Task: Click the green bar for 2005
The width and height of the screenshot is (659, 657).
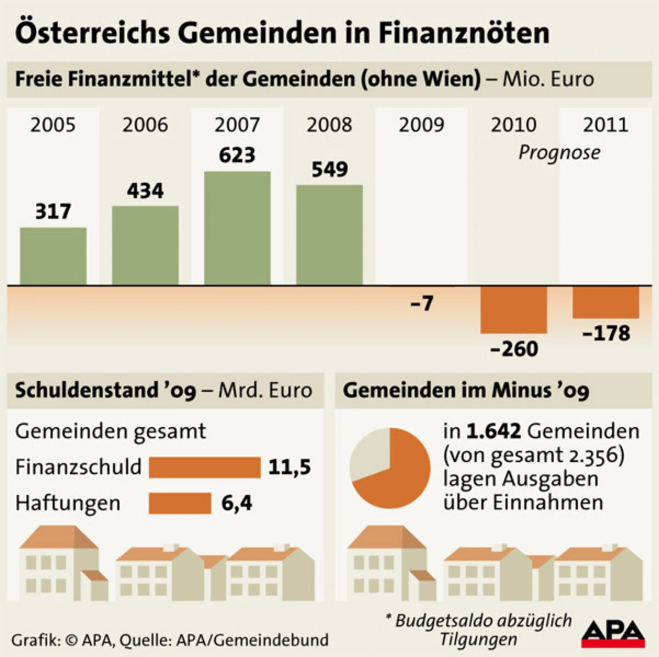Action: (53, 256)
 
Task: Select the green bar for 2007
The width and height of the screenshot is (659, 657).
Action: (237, 228)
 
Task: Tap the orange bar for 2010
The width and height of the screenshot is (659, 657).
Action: (513, 310)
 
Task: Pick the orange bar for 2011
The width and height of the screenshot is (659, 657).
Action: (606, 302)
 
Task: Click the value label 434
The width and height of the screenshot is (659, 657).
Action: (146, 191)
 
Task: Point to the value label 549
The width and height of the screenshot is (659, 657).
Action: (329, 169)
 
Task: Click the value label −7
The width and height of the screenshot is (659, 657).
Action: (422, 303)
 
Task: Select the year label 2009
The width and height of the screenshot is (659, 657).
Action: (421, 125)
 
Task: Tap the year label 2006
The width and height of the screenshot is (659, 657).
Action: (145, 125)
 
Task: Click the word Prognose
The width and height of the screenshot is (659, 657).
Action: (559, 152)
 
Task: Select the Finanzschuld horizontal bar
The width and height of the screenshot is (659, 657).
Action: (204, 467)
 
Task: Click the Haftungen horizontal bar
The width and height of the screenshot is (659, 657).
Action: (180, 503)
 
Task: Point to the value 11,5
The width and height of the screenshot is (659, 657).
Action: (289, 467)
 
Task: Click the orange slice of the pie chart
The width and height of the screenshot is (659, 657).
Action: (398, 477)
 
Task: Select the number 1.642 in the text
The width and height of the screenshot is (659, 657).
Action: (493, 431)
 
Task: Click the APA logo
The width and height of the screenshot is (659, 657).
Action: (613, 633)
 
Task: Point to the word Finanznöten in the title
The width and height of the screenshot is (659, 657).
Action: (463, 33)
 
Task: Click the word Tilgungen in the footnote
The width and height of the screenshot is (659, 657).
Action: (478, 639)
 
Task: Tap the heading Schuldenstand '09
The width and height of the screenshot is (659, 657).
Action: (105, 390)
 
